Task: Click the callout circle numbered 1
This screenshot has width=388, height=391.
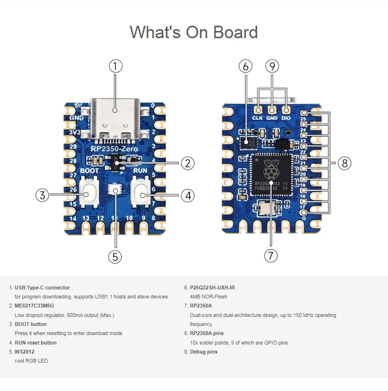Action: click(x=115, y=66)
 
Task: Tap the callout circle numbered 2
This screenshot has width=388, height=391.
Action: click(x=188, y=163)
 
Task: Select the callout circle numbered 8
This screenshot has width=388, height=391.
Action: click(x=344, y=163)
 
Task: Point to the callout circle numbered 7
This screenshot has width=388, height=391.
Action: click(x=271, y=255)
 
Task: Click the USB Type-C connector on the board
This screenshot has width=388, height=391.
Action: click(x=115, y=116)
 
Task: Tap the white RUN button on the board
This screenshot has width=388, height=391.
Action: click(x=142, y=194)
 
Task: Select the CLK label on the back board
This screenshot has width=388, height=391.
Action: click(x=258, y=118)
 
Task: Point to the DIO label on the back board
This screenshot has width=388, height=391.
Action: click(x=286, y=118)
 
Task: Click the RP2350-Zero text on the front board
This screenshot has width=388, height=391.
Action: click(x=114, y=149)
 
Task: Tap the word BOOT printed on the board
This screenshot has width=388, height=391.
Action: click(x=89, y=171)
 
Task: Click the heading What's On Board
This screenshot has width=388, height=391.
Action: click(x=194, y=32)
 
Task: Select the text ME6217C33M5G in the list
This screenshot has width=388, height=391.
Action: click(x=34, y=306)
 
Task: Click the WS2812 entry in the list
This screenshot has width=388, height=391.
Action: click(x=24, y=352)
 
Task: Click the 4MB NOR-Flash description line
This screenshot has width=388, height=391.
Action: click(x=209, y=297)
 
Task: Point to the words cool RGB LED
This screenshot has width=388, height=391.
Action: click(x=31, y=361)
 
